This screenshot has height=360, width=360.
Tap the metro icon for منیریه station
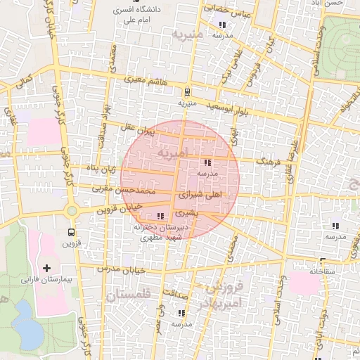187,92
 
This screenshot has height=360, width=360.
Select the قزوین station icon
71,232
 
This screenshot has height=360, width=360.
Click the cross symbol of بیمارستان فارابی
47,268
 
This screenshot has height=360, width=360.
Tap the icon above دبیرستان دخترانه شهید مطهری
161,216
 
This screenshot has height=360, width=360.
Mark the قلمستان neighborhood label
130,296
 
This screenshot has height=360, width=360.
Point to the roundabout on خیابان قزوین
72,210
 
